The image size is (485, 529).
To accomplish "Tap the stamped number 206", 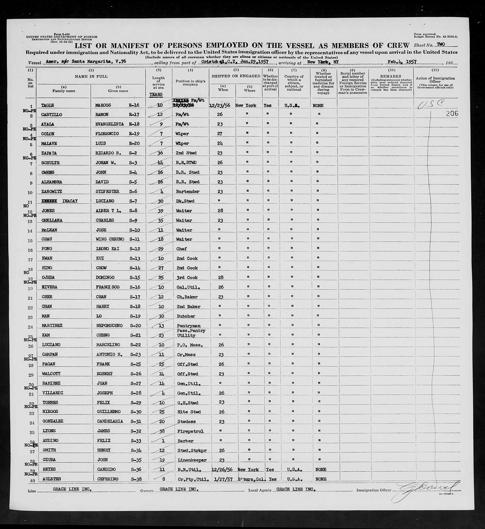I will (x=452, y=113).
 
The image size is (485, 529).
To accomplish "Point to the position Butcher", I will (x=185, y=316).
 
